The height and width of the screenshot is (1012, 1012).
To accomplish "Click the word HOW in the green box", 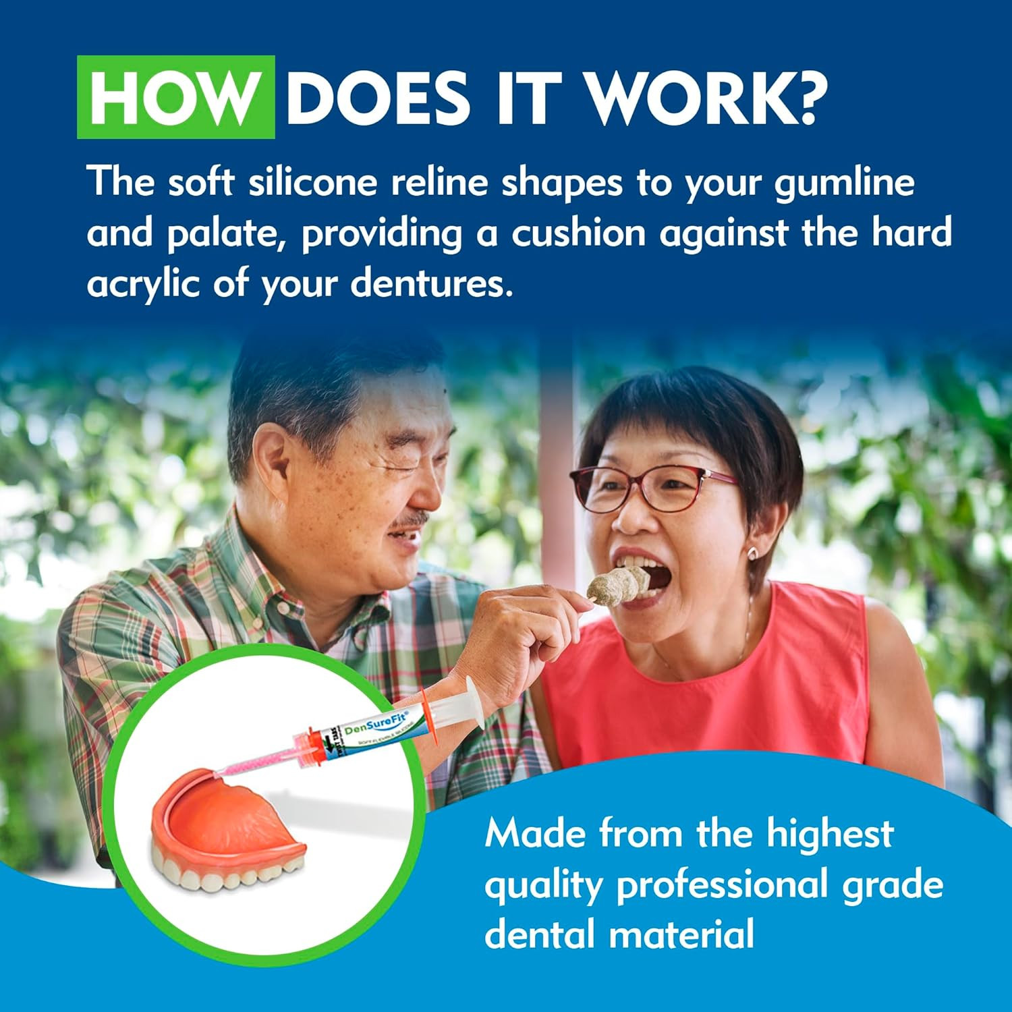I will pos(175,98).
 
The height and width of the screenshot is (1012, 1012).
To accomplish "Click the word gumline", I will pos(843,184).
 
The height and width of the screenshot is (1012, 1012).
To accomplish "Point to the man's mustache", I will pos(412,519).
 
